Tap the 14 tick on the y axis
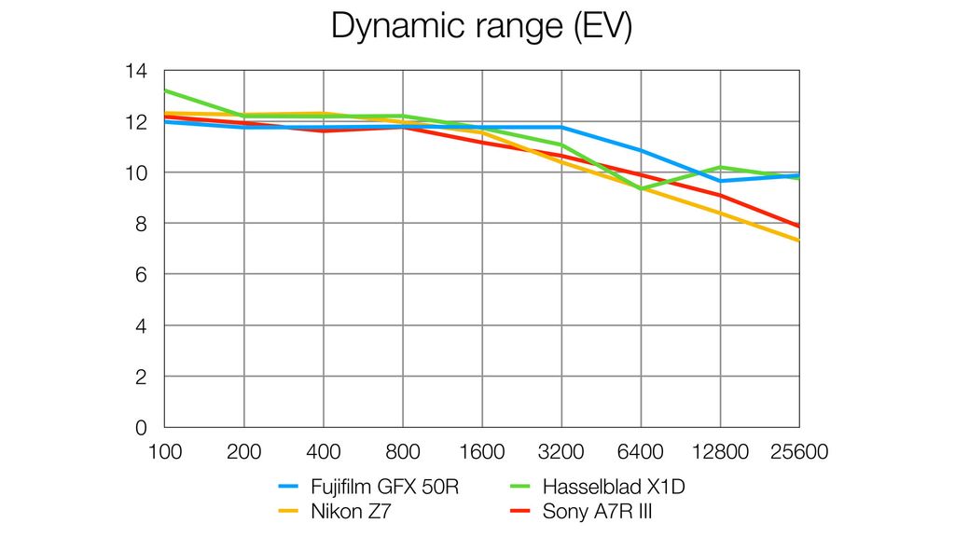pos(136,71)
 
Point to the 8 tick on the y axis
pos(142,224)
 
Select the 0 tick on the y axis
pos(142,428)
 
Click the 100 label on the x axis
pos(165,452)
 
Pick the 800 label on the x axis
pos(403,452)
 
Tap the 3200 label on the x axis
pos(561,452)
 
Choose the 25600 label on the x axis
pos(799,452)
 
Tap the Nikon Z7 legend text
pos(351,511)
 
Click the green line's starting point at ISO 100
pos(165,90)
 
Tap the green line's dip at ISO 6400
pos(641,189)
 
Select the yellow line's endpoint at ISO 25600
pos(799,241)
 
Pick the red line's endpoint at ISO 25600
pos(799,226)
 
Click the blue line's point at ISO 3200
pos(561,127)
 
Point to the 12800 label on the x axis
pos(720,452)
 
